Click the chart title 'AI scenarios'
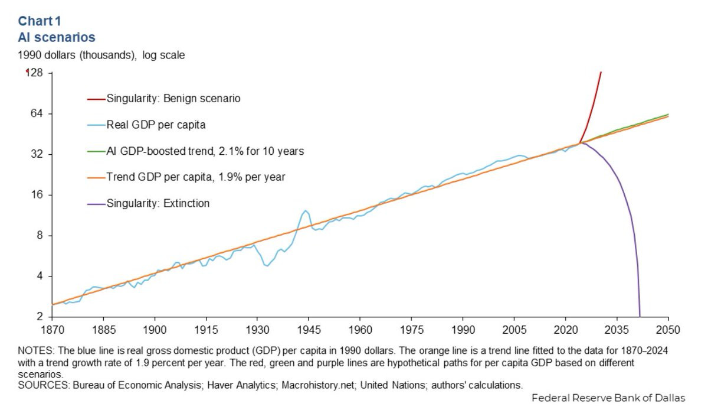[57, 37]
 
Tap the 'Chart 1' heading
[40, 21]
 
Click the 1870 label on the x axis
[52, 329]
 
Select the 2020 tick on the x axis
[566, 329]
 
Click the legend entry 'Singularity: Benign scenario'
[173, 98]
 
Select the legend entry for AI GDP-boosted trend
[205, 151]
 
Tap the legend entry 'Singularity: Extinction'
[158, 204]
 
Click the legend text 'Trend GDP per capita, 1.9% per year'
[196, 177]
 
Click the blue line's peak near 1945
[305, 210]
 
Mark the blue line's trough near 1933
[267, 266]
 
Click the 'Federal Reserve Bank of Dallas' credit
[608, 398]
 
